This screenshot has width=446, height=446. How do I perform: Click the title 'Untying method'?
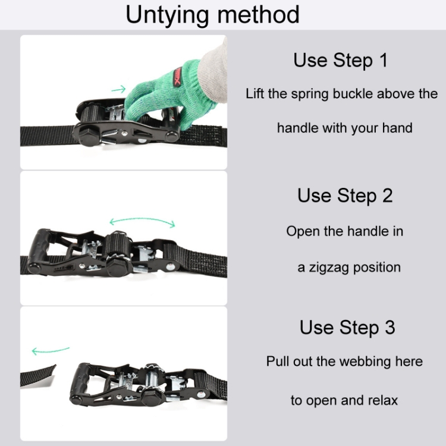(x=212, y=15)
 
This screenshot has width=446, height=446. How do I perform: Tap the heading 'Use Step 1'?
(x=341, y=60)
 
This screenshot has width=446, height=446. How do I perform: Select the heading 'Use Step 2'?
(x=345, y=196)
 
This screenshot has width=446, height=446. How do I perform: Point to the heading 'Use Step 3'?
(x=347, y=328)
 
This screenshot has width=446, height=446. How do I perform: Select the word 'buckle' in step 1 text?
(x=353, y=93)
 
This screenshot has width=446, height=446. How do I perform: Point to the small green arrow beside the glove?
(x=118, y=90)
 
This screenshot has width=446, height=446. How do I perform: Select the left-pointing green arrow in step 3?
(x=51, y=350)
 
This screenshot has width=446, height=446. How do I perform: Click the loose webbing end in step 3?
(x=38, y=375)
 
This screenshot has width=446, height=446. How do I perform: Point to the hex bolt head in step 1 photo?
(x=89, y=136)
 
